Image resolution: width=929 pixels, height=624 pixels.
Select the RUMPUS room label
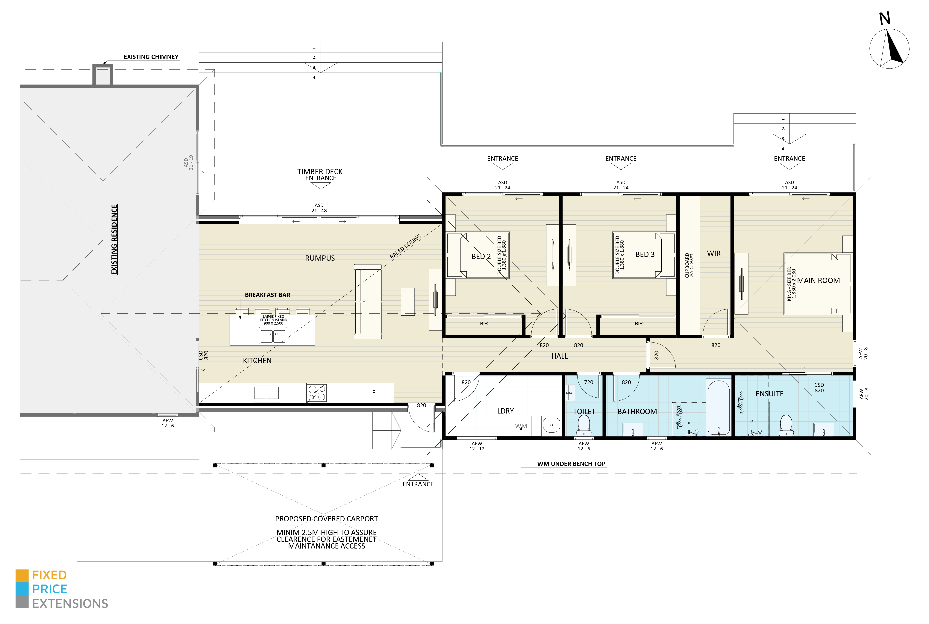pyautogui.click(x=320, y=258)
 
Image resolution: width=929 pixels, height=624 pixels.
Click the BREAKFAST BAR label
pyautogui.click(x=267, y=295)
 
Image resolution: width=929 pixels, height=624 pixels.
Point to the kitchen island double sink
pyautogui.click(x=273, y=336)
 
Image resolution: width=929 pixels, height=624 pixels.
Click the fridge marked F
pyautogui.click(x=374, y=393)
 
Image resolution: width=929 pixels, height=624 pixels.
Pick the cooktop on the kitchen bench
pyautogui.click(x=317, y=393)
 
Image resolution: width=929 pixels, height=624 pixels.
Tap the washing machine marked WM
pyautogui.click(x=521, y=426)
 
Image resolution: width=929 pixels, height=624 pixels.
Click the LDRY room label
pyautogui.click(x=505, y=411)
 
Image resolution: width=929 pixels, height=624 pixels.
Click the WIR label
pyautogui.click(x=714, y=254)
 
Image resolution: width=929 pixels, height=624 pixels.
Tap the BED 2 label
pyautogui.click(x=481, y=257)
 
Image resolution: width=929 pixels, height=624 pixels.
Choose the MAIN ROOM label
pyautogui.click(x=818, y=281)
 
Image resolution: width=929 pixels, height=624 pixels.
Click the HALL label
pyautogui.click(x=559, y=356)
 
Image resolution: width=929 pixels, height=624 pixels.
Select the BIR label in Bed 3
pyautogui.click(x=639, y=324)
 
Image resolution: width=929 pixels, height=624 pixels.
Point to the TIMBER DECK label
pyautogui.click(x=320, y=172)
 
